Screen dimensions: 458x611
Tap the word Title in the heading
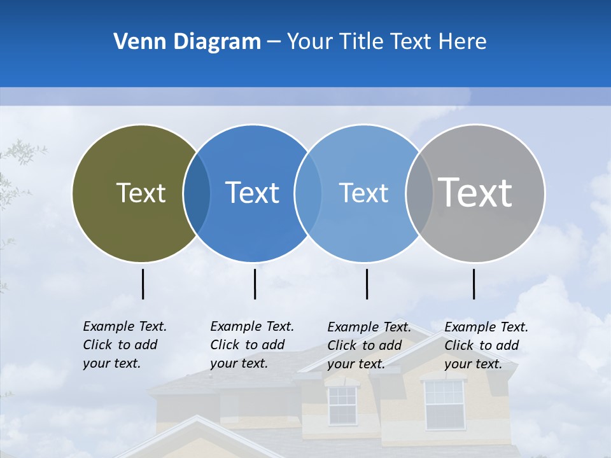click(x=363, y=42)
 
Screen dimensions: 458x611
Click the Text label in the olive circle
click(x=141, y=193)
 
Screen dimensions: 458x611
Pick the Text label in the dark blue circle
click(x=252, y=193)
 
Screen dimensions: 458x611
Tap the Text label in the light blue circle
click(x=363, y=193)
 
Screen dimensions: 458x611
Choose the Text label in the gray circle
click(x=475, y=193)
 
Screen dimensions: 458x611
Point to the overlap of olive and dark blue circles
click(x=197, y=193)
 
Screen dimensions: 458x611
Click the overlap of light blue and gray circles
click(x=419, y=193)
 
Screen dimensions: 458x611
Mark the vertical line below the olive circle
click(x=143, y=284)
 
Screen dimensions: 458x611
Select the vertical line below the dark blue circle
click(x=255, y=284)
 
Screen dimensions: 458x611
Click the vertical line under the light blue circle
click(x=367, y=284)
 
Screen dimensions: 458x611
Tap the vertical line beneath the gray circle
click(x=474, y=284)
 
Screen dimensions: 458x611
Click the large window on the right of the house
click(x=444, y=404)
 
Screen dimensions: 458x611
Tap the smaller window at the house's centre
click(x=342, y=405)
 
